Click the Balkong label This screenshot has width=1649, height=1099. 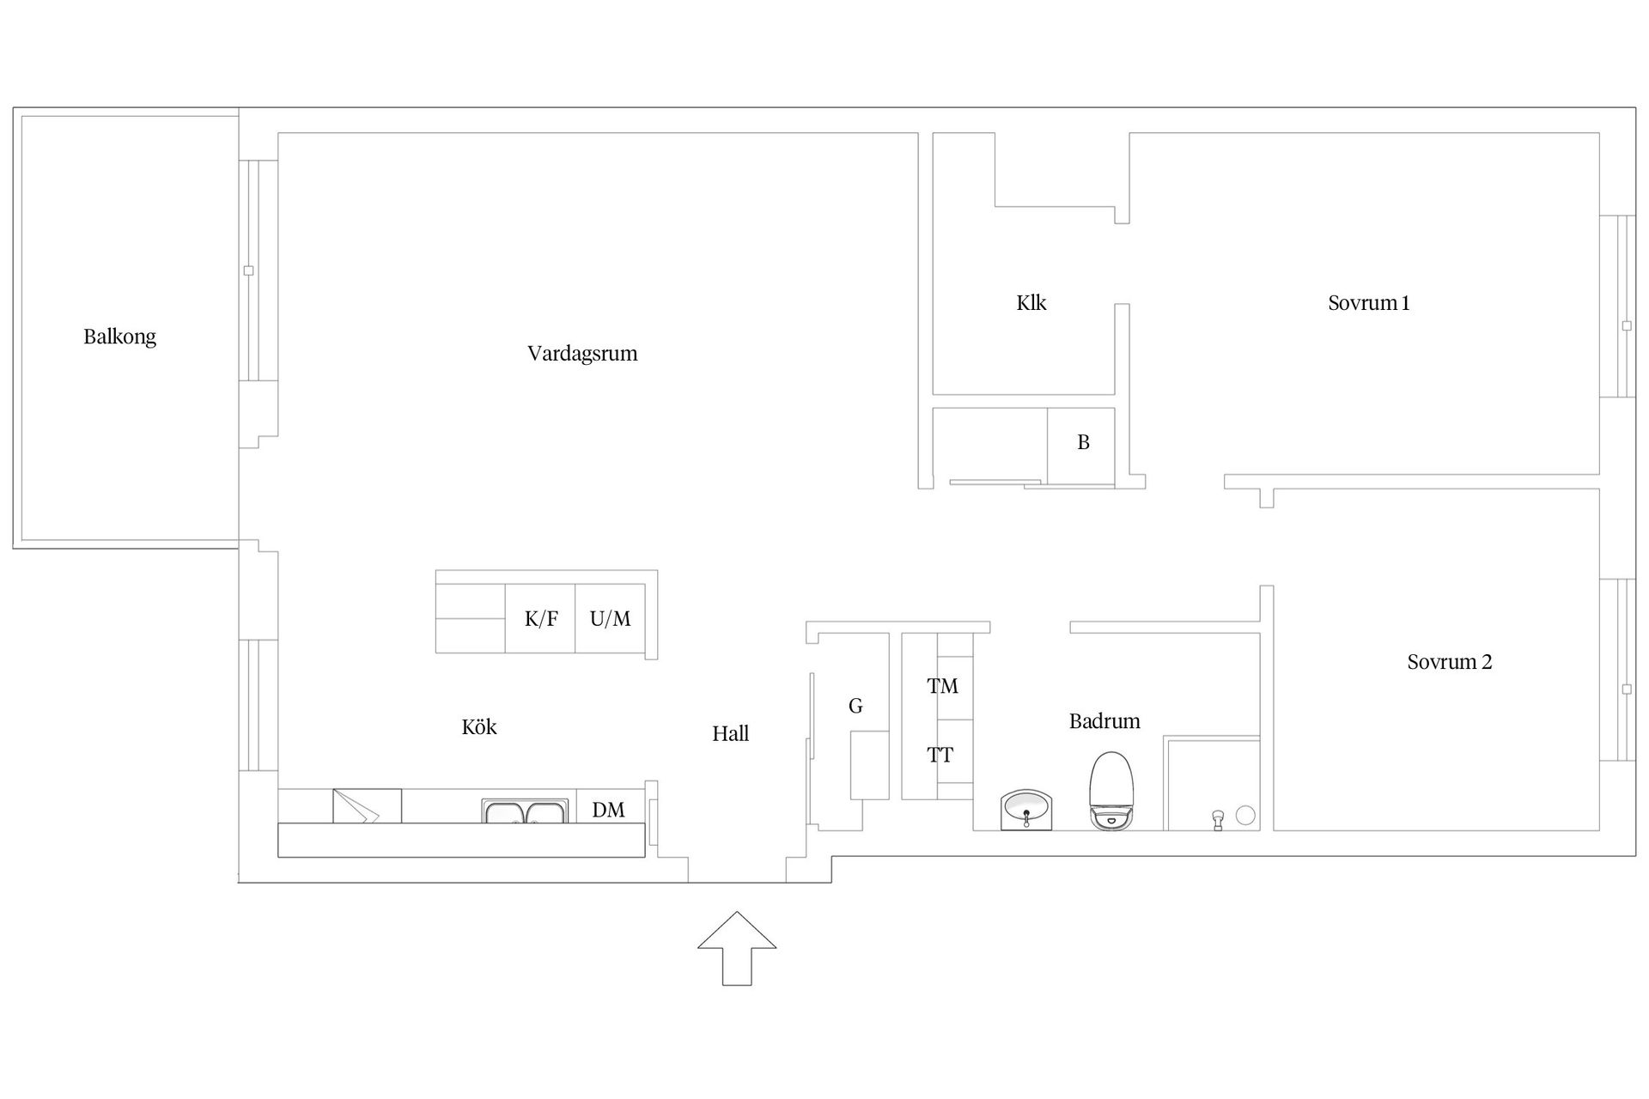[119, 337]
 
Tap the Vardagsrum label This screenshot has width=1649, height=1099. [582, 354]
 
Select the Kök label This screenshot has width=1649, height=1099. [479, 727]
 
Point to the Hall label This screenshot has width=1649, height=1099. [730, 733]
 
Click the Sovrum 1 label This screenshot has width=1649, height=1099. [1369, 303]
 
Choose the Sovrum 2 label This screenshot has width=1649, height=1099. [1450, 662]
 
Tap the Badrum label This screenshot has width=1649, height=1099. [1104, 721]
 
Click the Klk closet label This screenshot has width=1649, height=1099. [1031, 303]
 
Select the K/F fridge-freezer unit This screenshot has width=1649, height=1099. [540, 618]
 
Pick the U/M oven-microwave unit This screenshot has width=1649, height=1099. [610, 618]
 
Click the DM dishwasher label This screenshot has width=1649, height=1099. [608, 810]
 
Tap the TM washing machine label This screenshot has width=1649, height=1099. [942, 686]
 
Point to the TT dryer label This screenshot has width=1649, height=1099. [940, 756]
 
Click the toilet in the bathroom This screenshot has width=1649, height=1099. [1111, 791]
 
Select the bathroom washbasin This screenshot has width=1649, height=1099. [1026, 811]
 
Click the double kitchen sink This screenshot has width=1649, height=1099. [525, 811]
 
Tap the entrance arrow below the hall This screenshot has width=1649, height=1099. [737, 948]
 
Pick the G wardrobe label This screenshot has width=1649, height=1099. [855, 706]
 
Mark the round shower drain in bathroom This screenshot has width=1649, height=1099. [1245, 816]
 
